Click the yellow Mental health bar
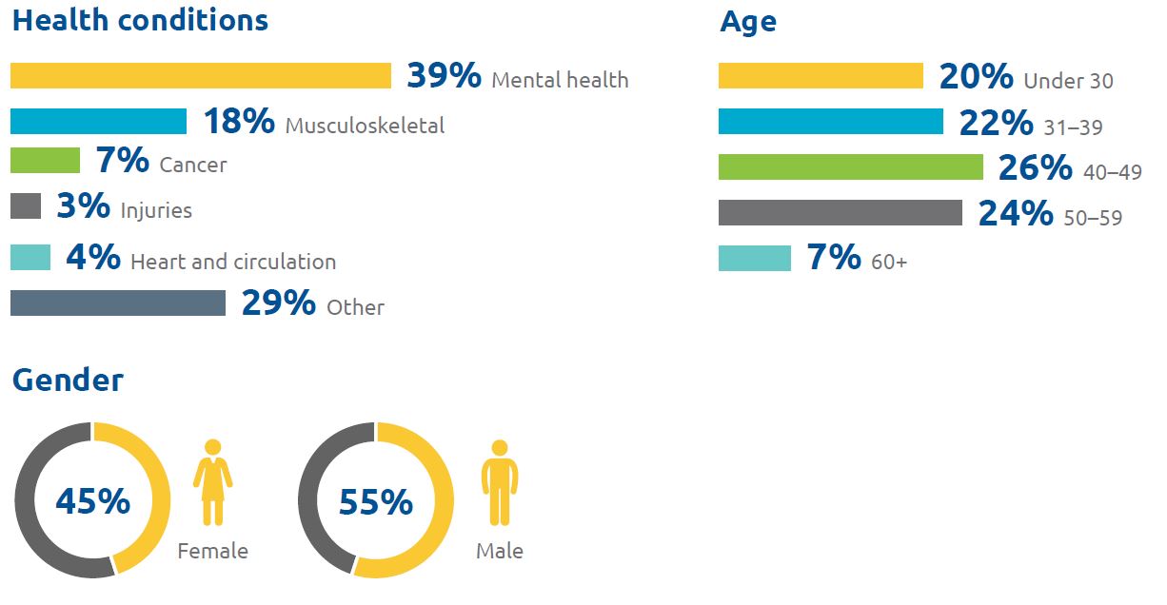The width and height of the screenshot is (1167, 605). [201, 76]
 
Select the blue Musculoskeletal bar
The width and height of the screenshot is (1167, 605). [99, 122]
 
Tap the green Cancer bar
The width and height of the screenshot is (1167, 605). [45, 161]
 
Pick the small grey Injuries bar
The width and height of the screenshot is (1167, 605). [26, 206]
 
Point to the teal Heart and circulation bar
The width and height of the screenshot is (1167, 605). [30, 258]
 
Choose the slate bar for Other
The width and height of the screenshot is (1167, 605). [118, 302]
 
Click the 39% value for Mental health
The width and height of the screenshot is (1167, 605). [444, 76]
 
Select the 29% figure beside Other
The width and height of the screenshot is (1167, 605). [278, 303]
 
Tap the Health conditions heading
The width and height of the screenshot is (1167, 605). [140, 21]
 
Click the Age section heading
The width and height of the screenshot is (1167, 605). [748, 21]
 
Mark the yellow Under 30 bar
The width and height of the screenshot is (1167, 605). [821, 76]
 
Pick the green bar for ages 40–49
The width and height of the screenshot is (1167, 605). [851, 167]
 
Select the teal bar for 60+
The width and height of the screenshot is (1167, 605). [755, 258]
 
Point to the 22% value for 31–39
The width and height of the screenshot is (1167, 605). [996, 123]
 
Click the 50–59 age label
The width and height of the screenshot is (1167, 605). [1093, 218]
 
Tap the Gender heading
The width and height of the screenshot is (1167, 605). [68, 380]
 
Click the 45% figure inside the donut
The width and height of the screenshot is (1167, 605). [92, 501]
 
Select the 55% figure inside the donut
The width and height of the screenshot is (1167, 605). [376, 501]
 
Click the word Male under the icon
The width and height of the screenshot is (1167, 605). [500, 551]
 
